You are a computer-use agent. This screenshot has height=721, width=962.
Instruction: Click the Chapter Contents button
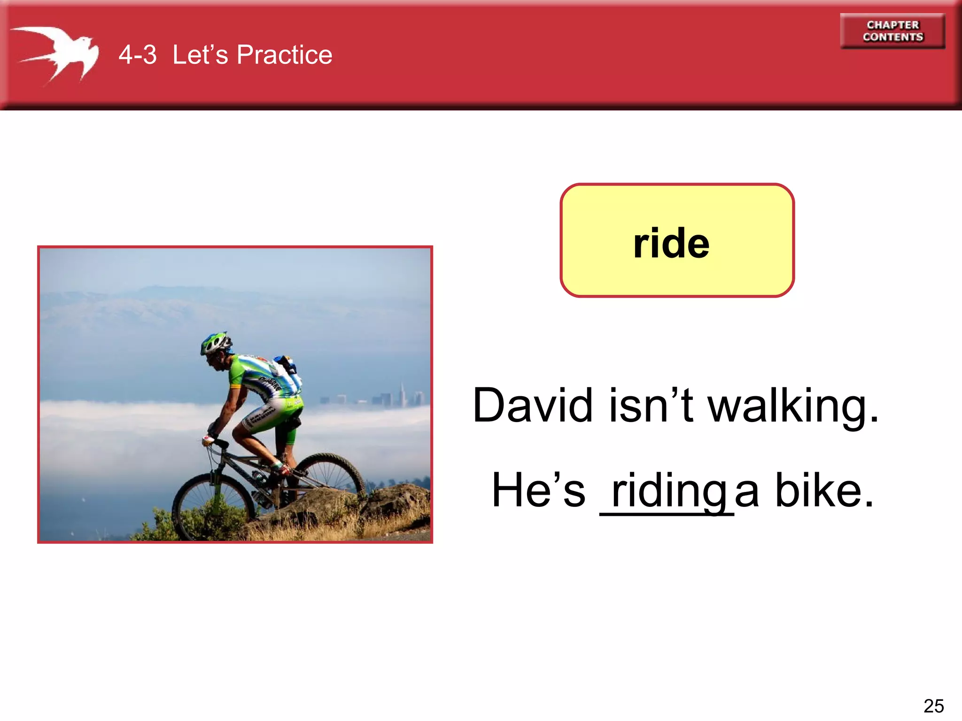[892, 31]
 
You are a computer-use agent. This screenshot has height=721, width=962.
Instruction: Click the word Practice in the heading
[284, 54]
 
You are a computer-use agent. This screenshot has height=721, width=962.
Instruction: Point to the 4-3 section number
[137, 54]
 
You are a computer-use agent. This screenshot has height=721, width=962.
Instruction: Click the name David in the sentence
[533, 405]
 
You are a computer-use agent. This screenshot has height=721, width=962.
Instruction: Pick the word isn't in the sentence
[651, 405]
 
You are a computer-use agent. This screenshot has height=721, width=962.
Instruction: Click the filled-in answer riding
[669, 491]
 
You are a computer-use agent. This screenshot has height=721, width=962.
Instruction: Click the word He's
[538, 490]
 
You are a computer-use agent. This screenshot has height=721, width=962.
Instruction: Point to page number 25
[933, 706]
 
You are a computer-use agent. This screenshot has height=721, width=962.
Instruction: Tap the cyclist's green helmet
[216, 342]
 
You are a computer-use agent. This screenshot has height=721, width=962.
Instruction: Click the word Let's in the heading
[200, 54]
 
